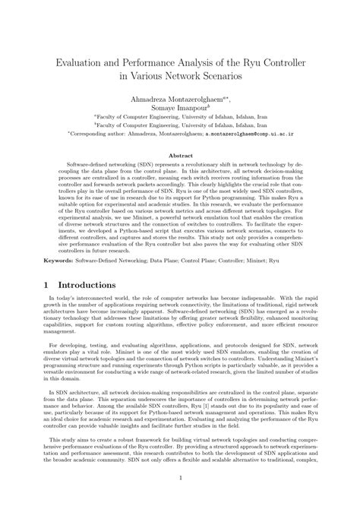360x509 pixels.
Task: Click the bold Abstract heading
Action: coord(180,155)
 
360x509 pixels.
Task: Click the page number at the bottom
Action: coord(180,498)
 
